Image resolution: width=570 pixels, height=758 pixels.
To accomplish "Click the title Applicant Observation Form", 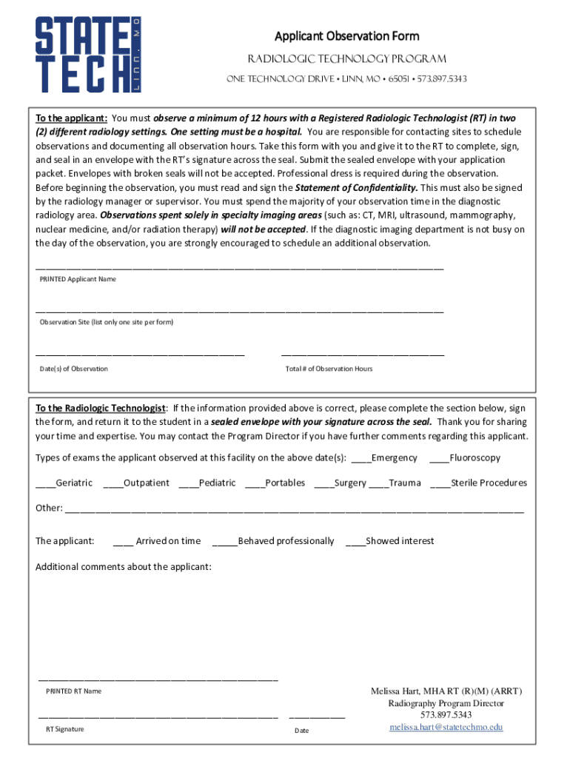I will pos(346,36).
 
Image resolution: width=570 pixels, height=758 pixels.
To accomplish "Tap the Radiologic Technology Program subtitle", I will pos(346,59).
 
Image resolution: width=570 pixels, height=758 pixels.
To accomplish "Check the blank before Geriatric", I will pos(45,484).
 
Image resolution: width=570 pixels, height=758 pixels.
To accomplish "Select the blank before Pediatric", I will pos(188,484).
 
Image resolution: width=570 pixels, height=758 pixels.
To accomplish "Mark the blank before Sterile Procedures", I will pos(440,484).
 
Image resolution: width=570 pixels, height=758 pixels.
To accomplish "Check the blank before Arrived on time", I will pos(123,543).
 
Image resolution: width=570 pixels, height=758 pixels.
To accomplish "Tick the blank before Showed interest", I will pos(355,543).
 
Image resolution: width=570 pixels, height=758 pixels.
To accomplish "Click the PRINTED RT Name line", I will pos(158,679).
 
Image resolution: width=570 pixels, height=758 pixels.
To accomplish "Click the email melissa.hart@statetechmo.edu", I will pos(446,727).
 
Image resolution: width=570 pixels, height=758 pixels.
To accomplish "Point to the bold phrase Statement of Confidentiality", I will pos(357,188).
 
